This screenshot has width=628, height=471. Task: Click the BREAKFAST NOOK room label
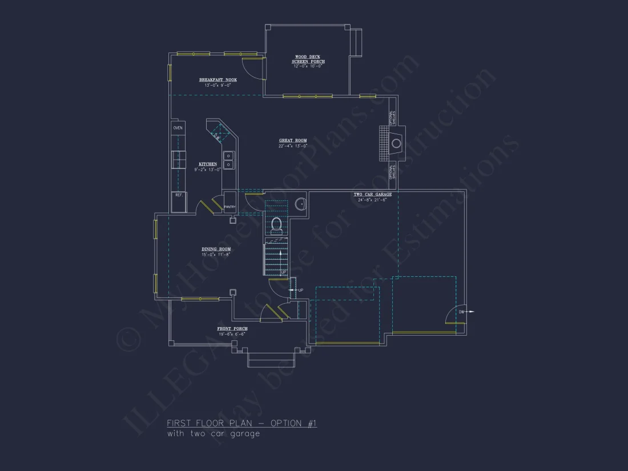point(218,80)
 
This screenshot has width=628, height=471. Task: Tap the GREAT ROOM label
point(293,140)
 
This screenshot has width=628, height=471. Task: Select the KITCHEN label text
point(208,164)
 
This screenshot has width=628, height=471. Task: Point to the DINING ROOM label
point(216,249)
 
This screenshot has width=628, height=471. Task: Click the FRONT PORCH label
point(232,329)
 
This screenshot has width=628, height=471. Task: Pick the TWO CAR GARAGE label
point(372,195)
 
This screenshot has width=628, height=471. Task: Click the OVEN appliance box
point(178,128)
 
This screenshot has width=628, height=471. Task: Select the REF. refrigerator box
point(179,195)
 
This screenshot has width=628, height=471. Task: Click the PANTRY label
point(230,207)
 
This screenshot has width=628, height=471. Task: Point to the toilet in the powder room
point(276,224)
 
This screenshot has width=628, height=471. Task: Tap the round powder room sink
point(300,203)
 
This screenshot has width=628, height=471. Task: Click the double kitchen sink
point(228,160)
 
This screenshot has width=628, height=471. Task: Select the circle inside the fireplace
point(396,143)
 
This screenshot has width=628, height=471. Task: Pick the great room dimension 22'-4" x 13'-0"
point(293,146)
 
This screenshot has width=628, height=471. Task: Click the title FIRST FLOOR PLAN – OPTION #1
point(241,423)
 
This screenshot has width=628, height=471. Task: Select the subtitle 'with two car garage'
point(214,434)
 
